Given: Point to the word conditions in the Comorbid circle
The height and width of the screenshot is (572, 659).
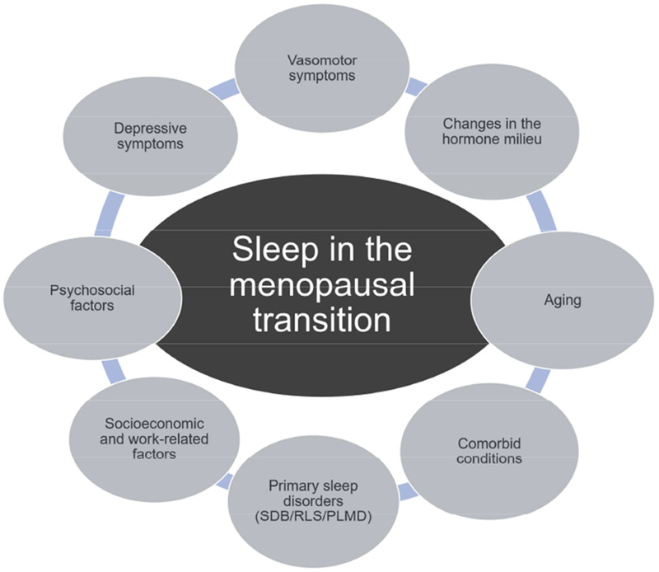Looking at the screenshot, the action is [490, 458].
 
